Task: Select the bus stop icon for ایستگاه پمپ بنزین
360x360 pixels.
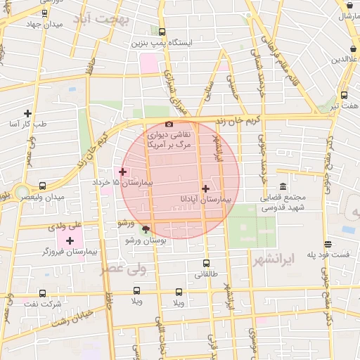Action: (162, 32)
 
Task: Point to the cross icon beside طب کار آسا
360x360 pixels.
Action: (28, 113)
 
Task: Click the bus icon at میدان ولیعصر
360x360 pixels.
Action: (43, 186)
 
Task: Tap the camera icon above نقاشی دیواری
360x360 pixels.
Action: (168, 124)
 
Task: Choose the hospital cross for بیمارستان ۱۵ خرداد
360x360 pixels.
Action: (122, 172)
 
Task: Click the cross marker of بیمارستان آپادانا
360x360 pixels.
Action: (205, 188)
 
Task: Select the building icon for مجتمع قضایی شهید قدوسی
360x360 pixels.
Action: (283, 186)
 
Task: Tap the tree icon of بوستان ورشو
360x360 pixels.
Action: (146, 229)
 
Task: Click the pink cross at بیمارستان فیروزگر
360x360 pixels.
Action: (70, 240)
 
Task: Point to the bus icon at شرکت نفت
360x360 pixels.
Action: (43, 293)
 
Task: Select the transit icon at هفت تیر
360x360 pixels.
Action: (344, 95)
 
